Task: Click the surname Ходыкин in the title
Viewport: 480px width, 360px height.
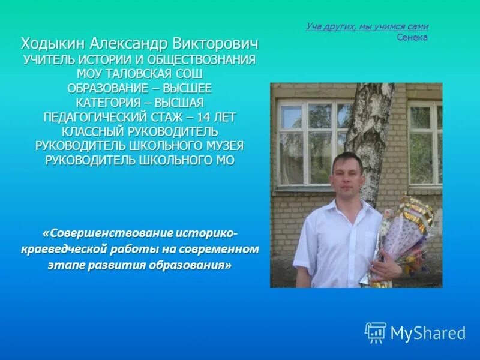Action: [53, 44]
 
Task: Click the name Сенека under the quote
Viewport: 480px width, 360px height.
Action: [412, 37]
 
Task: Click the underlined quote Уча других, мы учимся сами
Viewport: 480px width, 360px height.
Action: [367, 26]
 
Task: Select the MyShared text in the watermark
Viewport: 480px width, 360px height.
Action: [428, 334]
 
